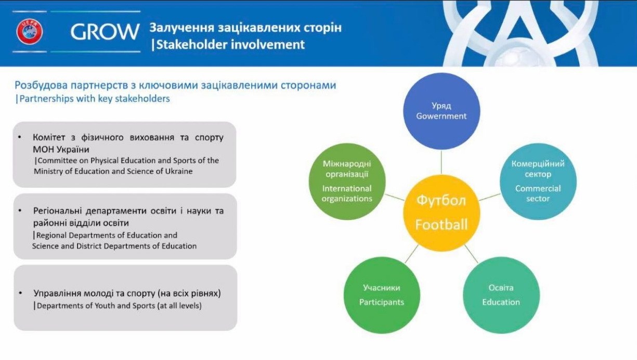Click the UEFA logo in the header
(x=30, y=32)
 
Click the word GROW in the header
(x=105, y=32)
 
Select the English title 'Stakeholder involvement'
(x=231, y=45)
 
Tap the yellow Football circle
(x=441, y=213)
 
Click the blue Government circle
(x=441, y=111)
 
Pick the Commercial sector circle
(x=538, y=182)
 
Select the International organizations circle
(x=347, y=182)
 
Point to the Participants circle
(x=382, y=295)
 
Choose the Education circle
(x=501, y=295)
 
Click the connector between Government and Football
(x=441, y=162)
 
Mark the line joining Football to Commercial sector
(x=489, y=197)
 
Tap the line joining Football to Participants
(x=411, y=253)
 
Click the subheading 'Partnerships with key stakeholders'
(x=95, y=99)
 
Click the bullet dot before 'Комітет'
(x=20, y=137)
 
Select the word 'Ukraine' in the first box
(x=179, y=171)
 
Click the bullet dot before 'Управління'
(x=20, y=292)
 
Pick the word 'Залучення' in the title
(x=181, y=28)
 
